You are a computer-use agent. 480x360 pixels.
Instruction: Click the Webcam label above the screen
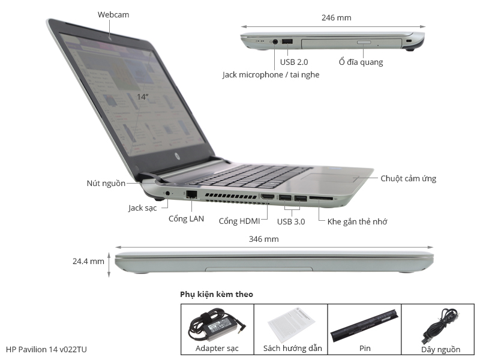113,14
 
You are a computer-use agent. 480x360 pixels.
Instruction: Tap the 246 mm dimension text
336,18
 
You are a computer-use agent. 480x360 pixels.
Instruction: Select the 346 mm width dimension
263,239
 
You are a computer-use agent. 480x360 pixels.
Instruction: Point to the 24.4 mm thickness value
88,262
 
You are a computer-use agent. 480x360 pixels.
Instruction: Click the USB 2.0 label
293,62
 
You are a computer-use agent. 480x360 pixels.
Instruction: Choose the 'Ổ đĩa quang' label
360,62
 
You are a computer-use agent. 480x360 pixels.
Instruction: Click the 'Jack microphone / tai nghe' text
271,74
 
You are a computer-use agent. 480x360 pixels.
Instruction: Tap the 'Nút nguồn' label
106,183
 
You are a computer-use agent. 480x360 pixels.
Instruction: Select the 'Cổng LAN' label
186,219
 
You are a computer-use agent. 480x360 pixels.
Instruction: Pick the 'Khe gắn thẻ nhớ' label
357,221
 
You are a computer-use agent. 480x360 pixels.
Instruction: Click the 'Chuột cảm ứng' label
408,178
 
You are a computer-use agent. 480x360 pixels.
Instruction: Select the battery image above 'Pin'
364,325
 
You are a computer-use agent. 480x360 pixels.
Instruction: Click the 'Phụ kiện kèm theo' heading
217,295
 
